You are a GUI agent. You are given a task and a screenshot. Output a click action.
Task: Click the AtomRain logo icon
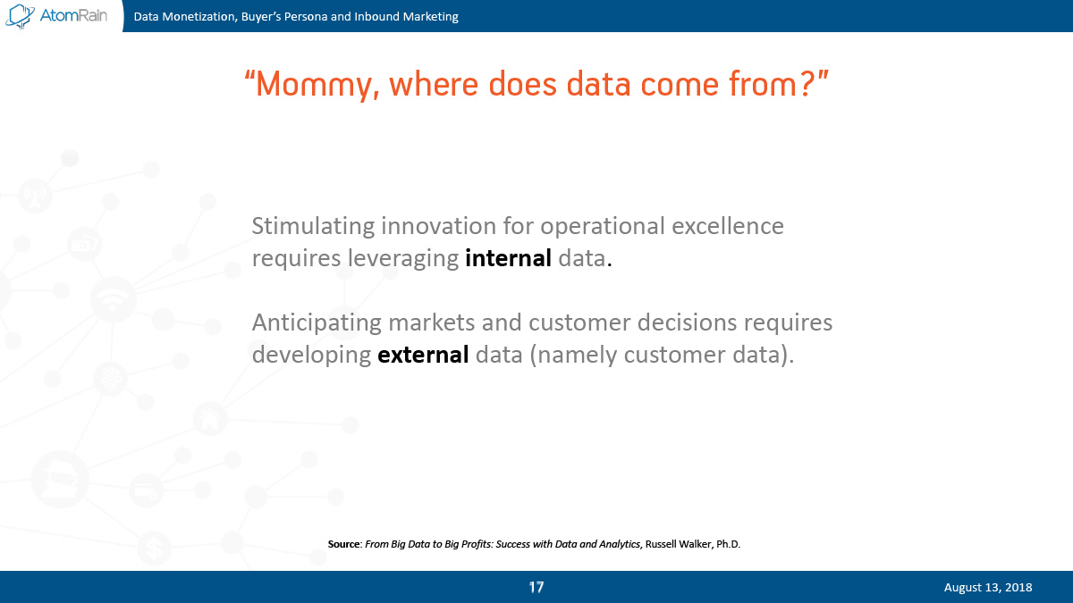click(x=20, y=16)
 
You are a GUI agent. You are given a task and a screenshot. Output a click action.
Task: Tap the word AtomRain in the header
click(x=73, y=15)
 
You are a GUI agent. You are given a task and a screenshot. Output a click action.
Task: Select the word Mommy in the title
click(x=312, y=84)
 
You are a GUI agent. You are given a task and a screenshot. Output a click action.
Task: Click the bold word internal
click(x=508, y=258)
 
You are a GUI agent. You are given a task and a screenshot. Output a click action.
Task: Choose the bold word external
click(x=423, y=355)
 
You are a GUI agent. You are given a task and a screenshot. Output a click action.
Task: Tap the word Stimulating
click(x=313, y=226)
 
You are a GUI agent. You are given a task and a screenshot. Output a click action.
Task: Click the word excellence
click(x=727, y=226)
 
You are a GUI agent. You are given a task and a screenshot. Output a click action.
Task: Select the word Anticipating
click(x=317, y=323)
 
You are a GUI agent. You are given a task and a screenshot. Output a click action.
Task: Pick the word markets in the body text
click(x=431, y=322)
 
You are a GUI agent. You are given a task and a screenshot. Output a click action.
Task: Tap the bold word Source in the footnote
click(x=344, y=544)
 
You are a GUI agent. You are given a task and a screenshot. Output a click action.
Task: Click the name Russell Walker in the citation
click(x=679, y=544)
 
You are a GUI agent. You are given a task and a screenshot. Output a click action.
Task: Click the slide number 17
click(x=536, y=587)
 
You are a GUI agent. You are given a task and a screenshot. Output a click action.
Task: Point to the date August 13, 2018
click(x=988, y=587)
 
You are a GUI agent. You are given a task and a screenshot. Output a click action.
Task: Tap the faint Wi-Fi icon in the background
click(x=113, y=299)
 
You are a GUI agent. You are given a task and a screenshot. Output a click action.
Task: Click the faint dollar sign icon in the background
click(x=154, y=549)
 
